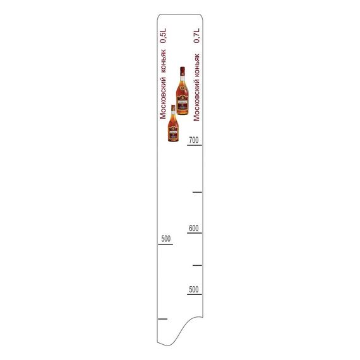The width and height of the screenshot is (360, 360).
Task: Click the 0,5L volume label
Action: [x=163, y=35]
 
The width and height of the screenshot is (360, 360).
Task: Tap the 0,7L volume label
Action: [x=196, y=35]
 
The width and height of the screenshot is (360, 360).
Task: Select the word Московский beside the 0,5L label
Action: [x=163, y=98]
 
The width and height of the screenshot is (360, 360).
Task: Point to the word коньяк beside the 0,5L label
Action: [x=163, y=61]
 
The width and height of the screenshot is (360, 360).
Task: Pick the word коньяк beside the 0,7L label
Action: [x=197, y=66]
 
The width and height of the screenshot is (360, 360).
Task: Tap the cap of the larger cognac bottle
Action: [x=183, y=71]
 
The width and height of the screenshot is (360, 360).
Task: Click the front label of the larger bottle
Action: [x=183, y=101]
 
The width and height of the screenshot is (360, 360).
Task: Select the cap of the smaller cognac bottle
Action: [x=173, y=108]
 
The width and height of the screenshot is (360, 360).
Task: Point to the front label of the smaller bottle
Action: [x=173, y=131]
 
